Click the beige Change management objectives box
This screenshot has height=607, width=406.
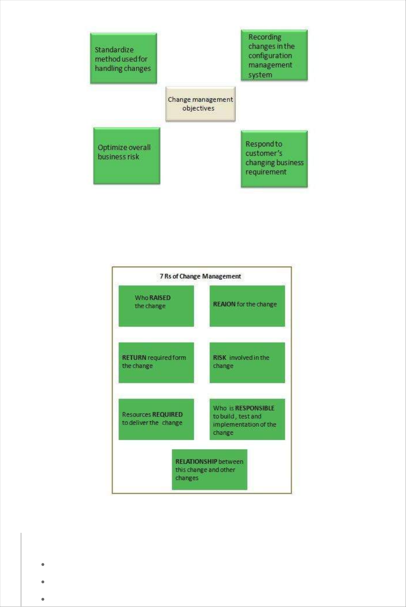200,104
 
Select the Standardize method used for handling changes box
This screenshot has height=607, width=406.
123,58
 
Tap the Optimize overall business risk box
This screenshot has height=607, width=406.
127,156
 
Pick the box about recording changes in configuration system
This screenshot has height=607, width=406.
274,55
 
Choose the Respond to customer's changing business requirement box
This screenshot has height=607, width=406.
274,159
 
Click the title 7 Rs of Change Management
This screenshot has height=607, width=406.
200,276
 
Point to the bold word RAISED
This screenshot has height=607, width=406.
160,298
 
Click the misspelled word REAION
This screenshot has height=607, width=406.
224,304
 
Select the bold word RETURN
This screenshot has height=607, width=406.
134,358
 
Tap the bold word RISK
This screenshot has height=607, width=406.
220,358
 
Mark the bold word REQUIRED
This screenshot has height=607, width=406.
167,415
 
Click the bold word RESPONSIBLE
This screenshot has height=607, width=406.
255,408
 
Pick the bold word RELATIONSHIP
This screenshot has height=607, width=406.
196,462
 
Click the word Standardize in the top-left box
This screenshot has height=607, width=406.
114,50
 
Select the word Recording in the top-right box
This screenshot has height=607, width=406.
265,37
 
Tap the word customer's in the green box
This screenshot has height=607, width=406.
264,153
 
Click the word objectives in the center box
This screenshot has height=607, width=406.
198,109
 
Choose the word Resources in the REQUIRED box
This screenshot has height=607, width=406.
136,415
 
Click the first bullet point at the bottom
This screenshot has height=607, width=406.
43,564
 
